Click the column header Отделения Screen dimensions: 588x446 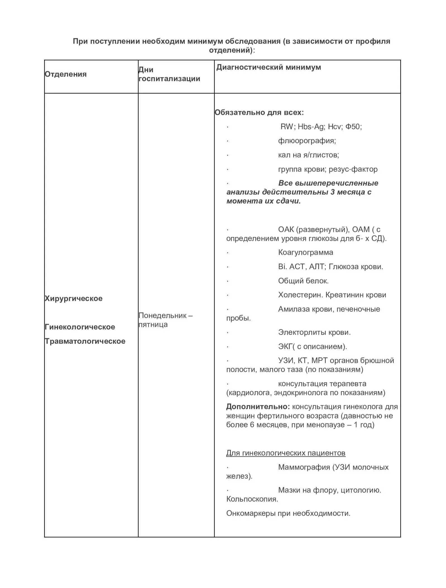coord(66,74)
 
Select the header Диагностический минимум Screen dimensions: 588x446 coord(268,67)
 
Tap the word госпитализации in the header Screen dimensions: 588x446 coord(169,78)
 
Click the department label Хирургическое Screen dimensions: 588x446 coord(74,298)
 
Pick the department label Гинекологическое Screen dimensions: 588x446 coord(80,327)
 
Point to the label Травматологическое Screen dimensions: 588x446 coord(85,341)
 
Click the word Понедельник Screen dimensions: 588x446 coord(162,315)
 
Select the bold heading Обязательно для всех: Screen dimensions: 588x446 coord(259,112)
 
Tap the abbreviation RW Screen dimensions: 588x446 coord(287,127)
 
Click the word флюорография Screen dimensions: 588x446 coord(306,141)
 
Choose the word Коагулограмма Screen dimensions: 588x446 coord(306,252)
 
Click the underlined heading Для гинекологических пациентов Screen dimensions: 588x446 coord(286,453)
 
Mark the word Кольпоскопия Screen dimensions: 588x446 coord(252,499)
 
